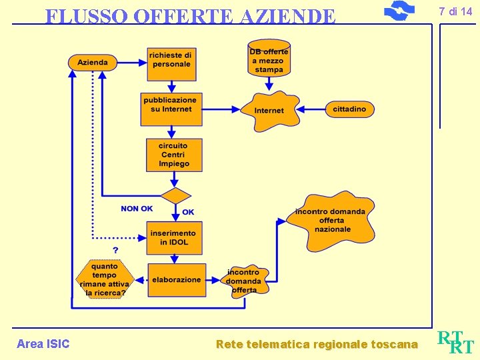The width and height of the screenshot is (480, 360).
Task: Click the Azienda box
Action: click(x=92, y=63)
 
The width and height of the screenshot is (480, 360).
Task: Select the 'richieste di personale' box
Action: click(x=171, y=60)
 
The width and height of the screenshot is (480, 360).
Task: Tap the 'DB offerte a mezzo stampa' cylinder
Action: click(x=269, y=59)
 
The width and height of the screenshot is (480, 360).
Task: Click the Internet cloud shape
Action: click(x=269, y=110)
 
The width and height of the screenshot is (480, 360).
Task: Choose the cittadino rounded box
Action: click(x=349, y=109)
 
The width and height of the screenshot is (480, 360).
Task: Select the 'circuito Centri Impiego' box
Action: click(x=174, y=155)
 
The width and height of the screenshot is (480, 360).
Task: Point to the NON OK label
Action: click(x=137, y=209)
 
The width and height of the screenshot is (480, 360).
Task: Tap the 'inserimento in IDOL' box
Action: click(x=174, y=238)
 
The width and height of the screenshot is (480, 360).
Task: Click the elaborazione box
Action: click(x=176, y=280)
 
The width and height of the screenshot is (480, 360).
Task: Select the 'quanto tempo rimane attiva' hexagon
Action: click(x=105, y=279)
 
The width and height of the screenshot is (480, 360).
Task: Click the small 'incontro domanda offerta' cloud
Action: click(x=244, y=281)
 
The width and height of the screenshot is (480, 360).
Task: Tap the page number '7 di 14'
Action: click(x=455, y=11)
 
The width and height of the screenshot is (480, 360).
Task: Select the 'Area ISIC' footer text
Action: click(x=43, y=344)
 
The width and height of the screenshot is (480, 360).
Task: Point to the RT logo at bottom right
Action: click(x=457, y=342)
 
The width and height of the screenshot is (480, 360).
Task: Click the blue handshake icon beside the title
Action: click(x=399, y=11)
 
